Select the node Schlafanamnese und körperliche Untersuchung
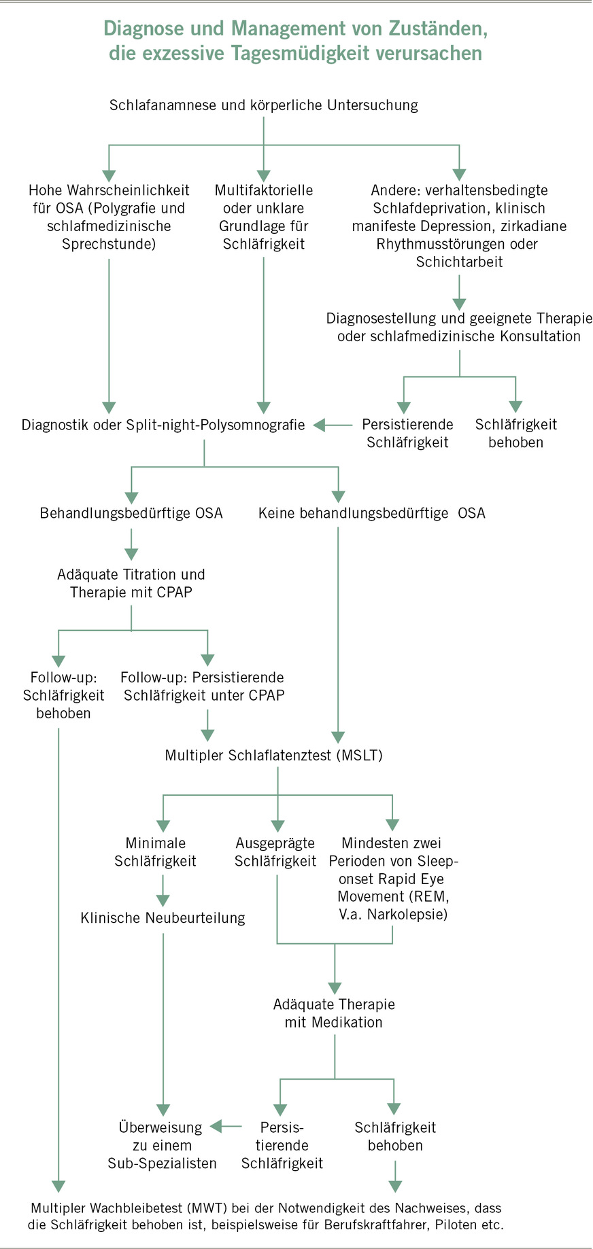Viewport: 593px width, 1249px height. tap(264, 105)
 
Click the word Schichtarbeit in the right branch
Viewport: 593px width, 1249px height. tap(460, 262)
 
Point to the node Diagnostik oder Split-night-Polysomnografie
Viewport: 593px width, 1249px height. tap(163, 425)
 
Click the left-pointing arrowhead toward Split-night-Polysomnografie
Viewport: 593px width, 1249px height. tap(320, 425)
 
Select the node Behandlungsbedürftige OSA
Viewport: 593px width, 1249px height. tap(131, 513)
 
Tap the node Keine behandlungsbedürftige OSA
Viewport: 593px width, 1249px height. tap(371, 513)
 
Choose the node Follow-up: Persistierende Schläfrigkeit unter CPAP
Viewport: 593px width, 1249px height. tap(203, 686)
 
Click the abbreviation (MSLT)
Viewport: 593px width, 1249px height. tap(360, 755)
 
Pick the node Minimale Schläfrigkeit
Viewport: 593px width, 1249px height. tap(155, 852)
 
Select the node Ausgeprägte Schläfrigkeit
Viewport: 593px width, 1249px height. tap(275, 852)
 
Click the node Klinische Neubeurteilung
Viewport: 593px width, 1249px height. tap(163, 918)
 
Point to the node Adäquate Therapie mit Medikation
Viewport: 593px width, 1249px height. tap(334, 1013)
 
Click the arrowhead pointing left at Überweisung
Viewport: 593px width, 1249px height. tap(217, 1127)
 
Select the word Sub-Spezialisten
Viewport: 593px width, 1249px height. tap(162, 1163)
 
